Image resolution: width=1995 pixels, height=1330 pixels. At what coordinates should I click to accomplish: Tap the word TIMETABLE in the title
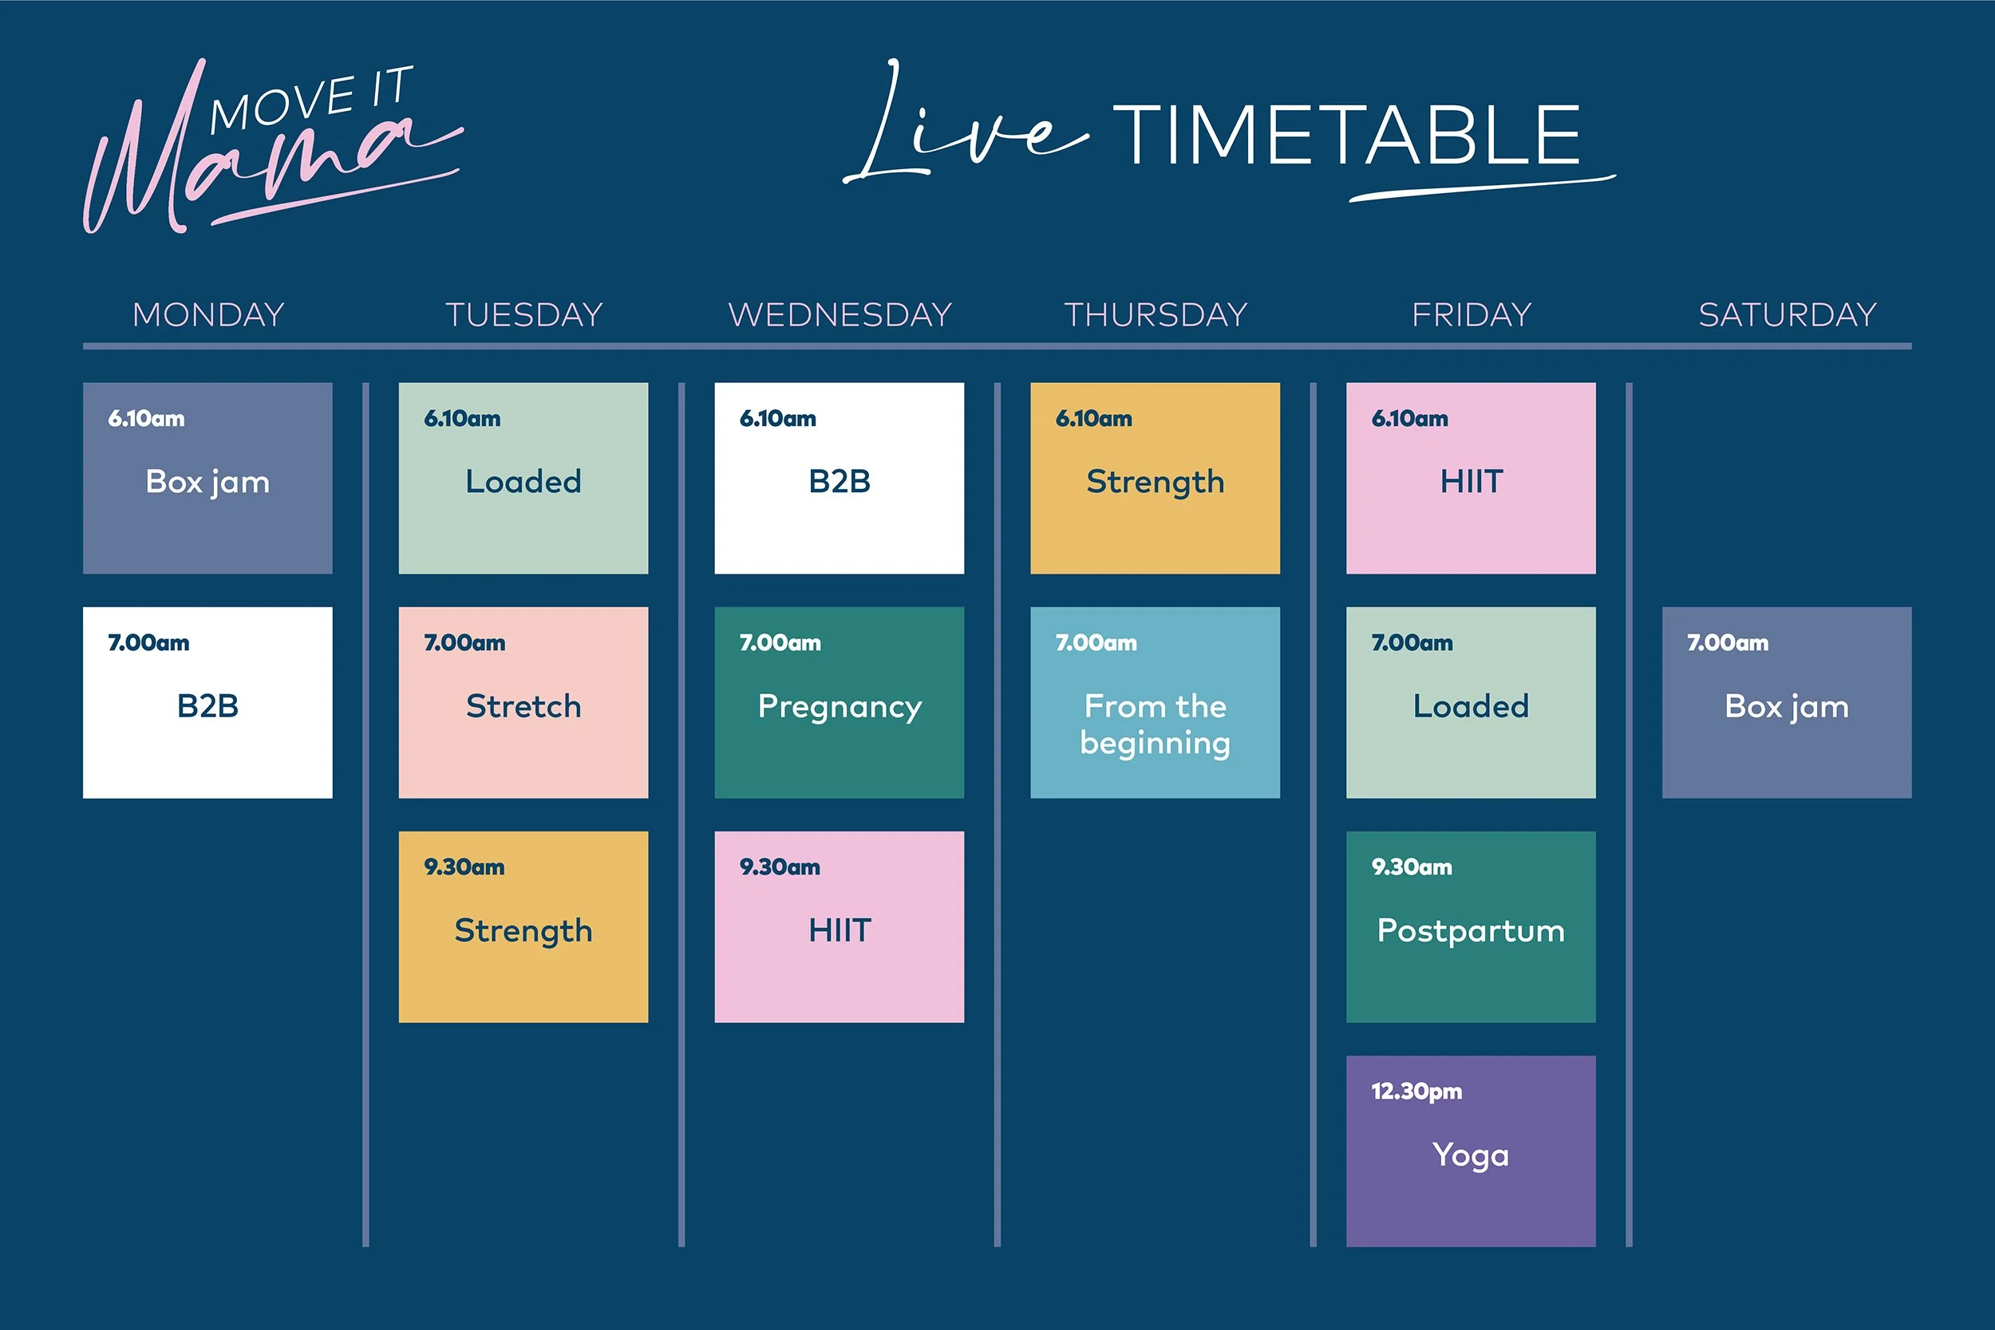point(1346,136)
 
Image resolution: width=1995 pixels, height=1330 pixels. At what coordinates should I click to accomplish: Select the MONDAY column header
point(207,314)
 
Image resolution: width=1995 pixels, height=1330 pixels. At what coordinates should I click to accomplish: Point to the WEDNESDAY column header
point(839,314)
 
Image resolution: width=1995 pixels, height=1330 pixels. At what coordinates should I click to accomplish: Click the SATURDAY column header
point(1788,314)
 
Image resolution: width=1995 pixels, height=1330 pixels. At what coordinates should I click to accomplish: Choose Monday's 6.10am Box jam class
point(207,479)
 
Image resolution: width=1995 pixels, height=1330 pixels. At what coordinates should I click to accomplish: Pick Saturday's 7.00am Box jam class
point(1787,702)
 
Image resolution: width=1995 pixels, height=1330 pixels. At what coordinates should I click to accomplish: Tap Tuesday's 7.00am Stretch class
point(523,702)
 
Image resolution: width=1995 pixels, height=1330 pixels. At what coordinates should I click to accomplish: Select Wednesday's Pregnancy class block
point(839,702)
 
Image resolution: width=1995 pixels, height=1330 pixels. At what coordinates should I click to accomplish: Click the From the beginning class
point(1155,702)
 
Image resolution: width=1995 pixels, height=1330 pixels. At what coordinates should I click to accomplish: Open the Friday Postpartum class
point(1471,927)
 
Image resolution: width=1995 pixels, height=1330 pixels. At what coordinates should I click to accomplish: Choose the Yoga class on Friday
point(1471,1151)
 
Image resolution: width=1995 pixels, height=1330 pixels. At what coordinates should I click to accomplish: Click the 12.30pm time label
point(1416,1091)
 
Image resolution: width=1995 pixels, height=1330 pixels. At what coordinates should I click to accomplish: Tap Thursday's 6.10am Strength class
point(1155,479)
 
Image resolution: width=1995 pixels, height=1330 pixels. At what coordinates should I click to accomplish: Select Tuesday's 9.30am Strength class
point(523,927)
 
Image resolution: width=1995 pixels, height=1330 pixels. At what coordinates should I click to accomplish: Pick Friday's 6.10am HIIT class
point(1471,479)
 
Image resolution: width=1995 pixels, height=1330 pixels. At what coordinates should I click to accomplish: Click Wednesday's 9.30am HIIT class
point(839,927)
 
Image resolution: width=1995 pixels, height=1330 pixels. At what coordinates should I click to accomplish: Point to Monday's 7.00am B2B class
point(207,702)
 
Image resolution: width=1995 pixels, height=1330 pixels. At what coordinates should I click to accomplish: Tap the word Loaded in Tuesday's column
point(523,482)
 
